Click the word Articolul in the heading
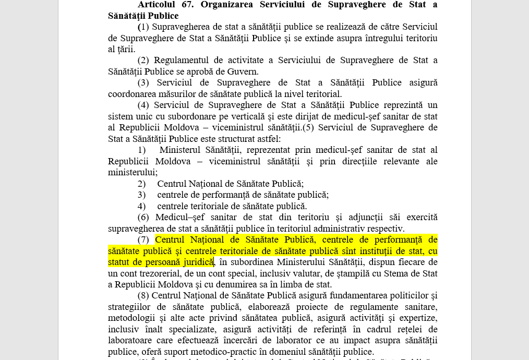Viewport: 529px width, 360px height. point(159,4)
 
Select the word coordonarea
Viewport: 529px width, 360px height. point(131,94)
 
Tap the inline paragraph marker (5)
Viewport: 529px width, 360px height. point(308,128)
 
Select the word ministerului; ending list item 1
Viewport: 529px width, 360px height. point(133,172)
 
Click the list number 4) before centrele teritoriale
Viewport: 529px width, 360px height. point(141,206)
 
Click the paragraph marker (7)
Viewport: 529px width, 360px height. point(143,239)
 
